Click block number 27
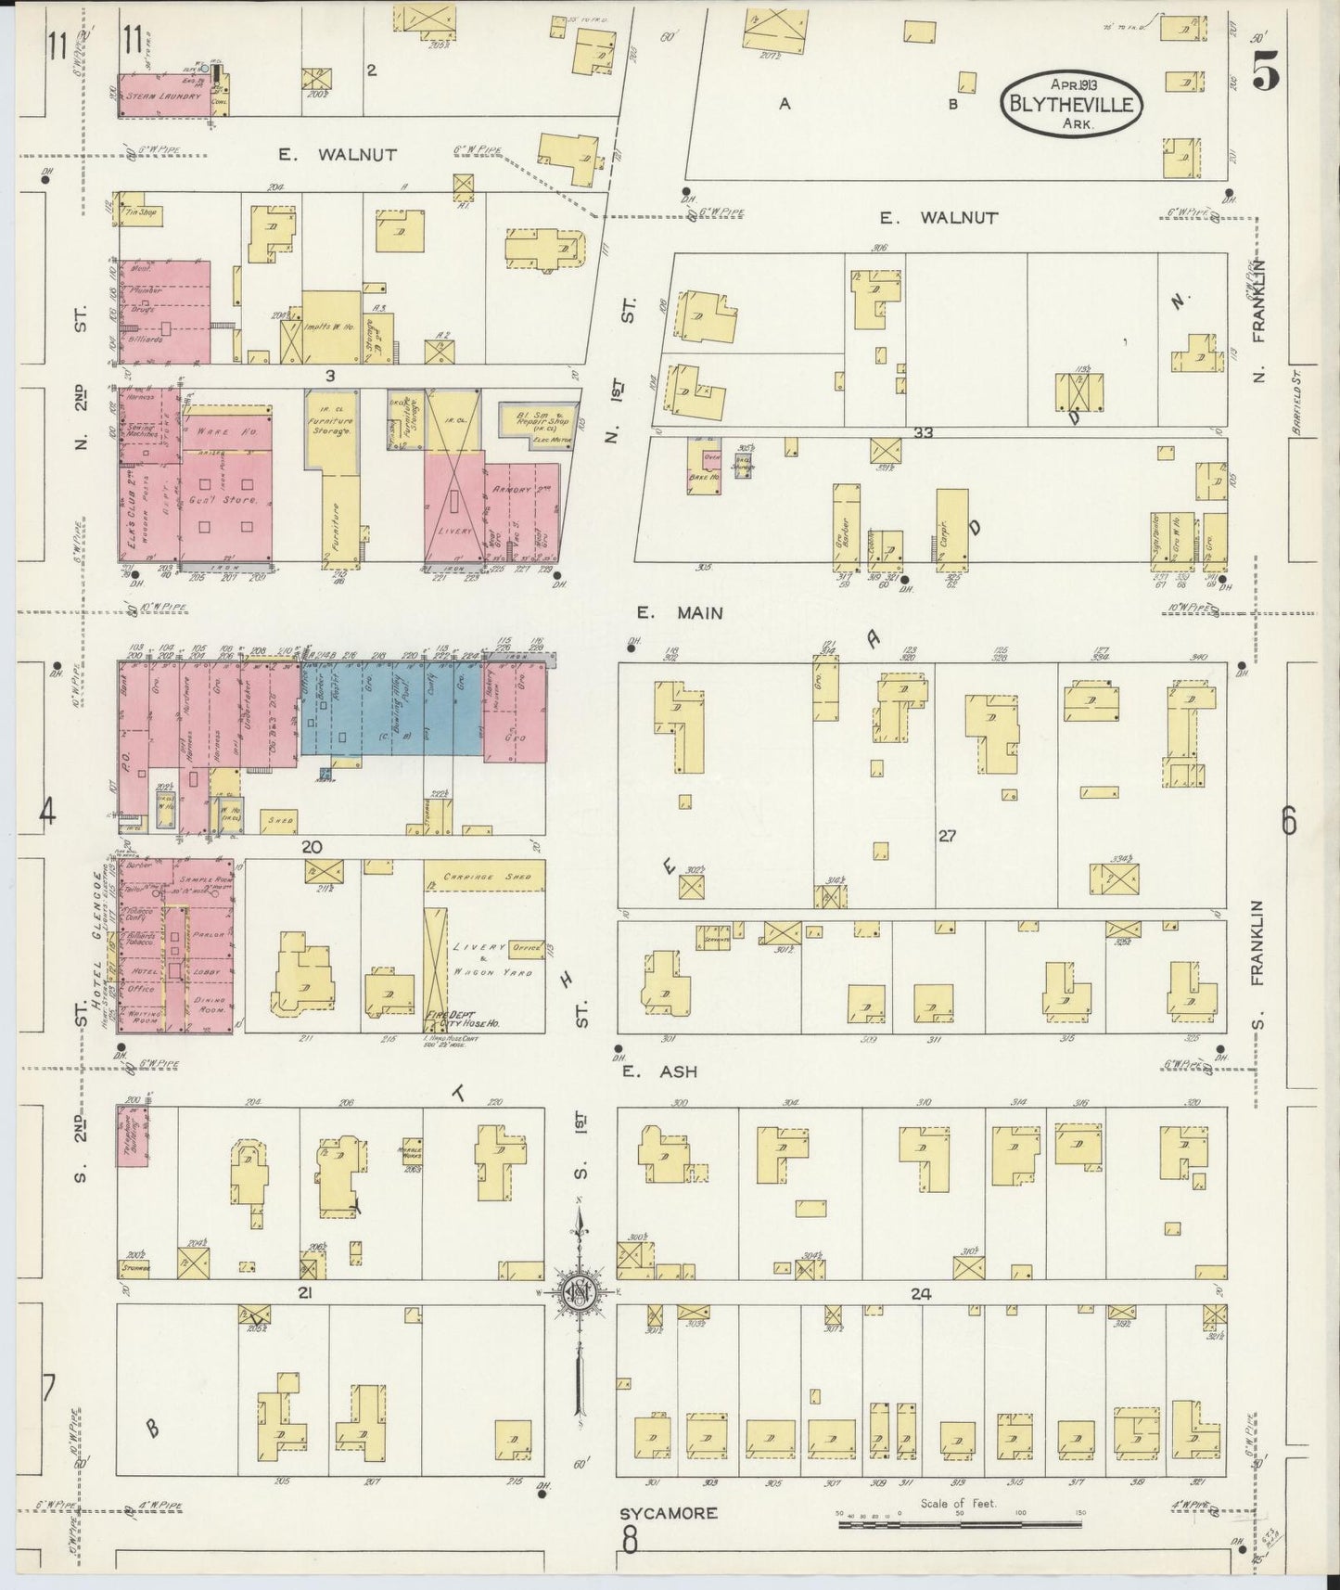point(946,836)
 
